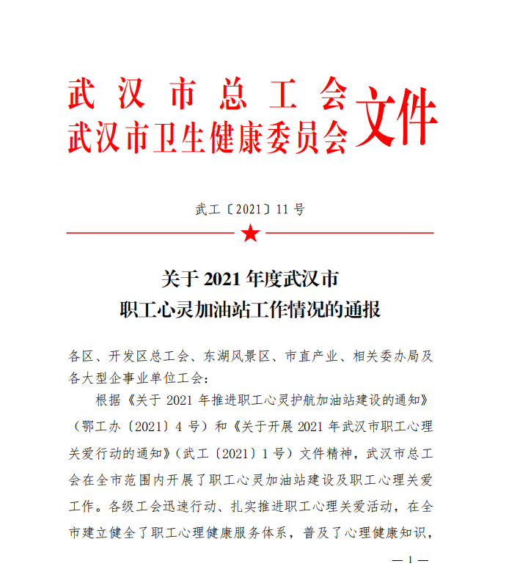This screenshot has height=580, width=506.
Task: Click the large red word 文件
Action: pyautogui.click(x=400, y=117)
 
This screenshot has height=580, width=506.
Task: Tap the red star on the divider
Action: pyautogui.click(x=250, y=234)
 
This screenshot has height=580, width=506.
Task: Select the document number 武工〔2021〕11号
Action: pyautogui.click(x=250, y=210)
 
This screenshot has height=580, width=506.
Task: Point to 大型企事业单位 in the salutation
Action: pyautogui.click(x=131, y=378)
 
